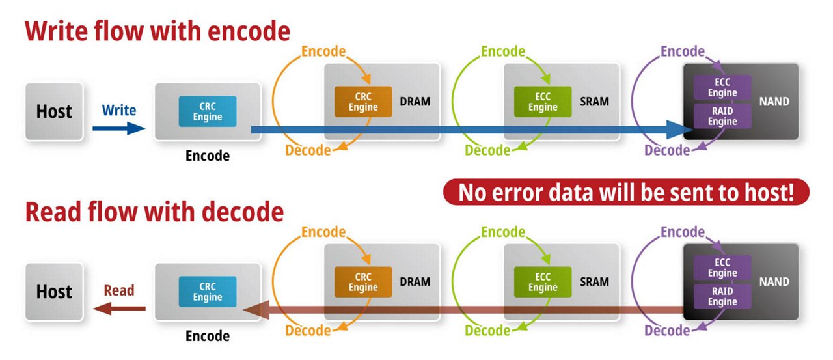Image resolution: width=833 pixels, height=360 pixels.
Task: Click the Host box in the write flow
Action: click(54, 111)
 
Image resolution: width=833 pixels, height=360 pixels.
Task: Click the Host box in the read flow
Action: click(54, 291)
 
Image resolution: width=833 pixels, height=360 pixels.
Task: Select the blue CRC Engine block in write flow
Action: click(208, 111)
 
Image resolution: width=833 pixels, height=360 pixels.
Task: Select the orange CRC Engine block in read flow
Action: click(363, 282)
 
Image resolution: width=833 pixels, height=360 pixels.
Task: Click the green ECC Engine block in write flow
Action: click(542, 102)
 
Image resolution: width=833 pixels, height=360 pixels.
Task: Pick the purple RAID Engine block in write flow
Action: click(722, 117)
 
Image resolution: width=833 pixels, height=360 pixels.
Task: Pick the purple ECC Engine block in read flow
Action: click(722, 268)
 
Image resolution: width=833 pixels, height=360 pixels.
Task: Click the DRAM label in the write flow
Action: click(415, 102)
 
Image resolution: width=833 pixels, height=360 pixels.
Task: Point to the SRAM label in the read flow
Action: click(594, 282)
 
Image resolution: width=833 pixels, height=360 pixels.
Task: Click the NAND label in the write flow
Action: click(773, 102)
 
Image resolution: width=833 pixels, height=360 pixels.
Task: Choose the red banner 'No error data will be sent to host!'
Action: click(626, 193)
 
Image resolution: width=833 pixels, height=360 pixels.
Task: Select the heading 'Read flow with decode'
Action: click(155, 212)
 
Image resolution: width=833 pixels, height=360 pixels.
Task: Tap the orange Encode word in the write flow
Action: click(323, 52)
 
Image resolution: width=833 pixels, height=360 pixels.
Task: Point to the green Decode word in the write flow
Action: click(487, 150)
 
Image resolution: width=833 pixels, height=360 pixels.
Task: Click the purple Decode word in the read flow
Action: click(667, 330)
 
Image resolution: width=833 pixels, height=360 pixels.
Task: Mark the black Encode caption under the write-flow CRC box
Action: click(208, 156)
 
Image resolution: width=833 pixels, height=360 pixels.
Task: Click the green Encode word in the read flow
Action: click(503, 232)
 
